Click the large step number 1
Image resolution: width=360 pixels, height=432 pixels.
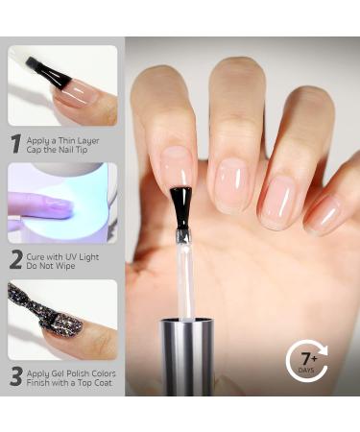(x=15, y=144)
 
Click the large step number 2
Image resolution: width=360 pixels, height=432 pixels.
(x=15, y=259)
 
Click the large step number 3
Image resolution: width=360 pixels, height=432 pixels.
(x=15, y=377)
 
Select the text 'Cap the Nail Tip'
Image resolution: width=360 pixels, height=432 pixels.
(x=63, y=151)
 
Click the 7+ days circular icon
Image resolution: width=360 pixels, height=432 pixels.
(x=307, y=362)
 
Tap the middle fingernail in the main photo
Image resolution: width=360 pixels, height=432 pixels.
(x=232, y=182)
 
